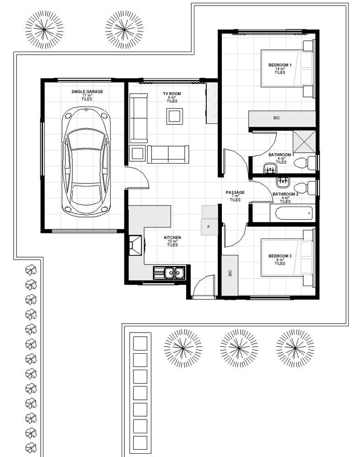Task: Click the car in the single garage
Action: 86,161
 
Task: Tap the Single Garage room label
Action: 87,91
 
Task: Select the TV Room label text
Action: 172,94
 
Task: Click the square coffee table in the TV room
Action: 175,116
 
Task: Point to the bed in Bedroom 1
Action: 287,69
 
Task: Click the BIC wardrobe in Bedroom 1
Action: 282,118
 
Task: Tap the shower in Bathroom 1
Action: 304,141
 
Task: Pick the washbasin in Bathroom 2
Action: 282,181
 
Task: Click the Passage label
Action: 235,192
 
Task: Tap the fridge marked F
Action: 210,227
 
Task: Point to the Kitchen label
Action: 172,238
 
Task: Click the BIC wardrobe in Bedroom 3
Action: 230,275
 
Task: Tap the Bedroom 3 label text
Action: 280,256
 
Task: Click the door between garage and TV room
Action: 138,176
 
